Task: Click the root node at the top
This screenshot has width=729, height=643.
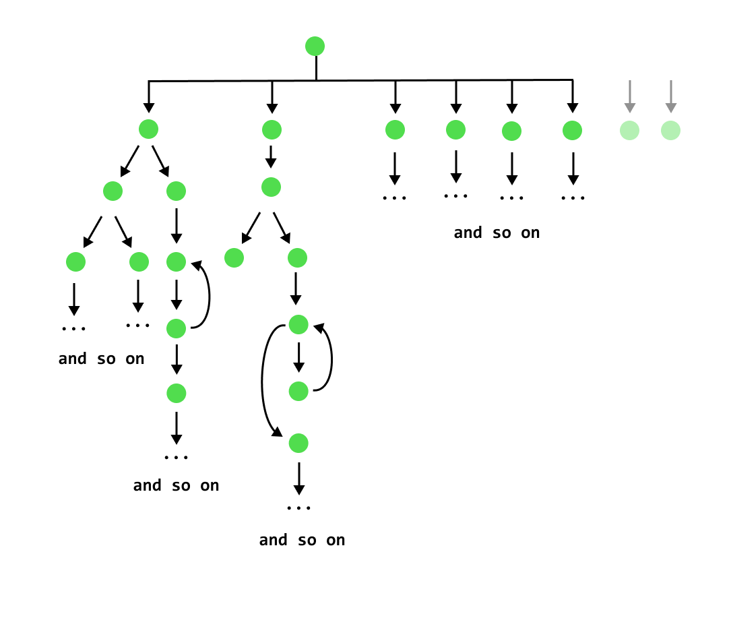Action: point(315,47)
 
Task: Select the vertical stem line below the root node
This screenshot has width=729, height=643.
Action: point(316,68)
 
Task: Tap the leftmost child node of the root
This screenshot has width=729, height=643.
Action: point(148,129)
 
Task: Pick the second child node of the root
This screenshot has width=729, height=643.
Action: point(272,130)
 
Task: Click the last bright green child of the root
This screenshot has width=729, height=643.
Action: point(572,131)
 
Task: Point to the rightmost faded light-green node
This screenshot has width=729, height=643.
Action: point(670,131)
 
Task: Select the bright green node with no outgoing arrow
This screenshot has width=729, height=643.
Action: point(234,258)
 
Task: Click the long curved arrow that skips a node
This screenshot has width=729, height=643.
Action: point(263,381)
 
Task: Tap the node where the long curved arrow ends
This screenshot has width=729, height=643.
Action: point(298,443)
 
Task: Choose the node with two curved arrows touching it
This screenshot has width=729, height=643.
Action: point(298,325)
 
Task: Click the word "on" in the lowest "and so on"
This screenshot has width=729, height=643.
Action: point(336,541)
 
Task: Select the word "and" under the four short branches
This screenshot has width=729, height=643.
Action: point(468,233)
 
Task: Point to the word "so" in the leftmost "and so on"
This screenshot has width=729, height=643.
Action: point(106,359)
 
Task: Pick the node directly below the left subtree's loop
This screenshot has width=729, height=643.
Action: point(176,394)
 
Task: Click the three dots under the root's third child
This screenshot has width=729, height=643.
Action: point(395,198)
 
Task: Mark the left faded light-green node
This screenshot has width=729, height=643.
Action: point(629,131)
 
